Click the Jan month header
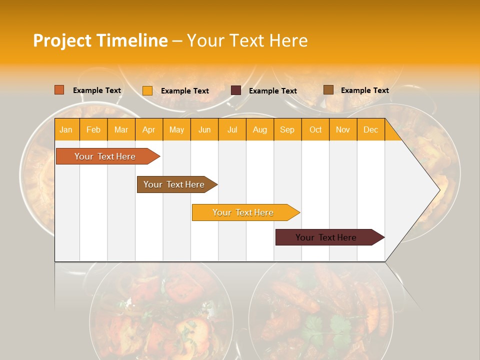point(66,129)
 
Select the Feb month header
point(93,129)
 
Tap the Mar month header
point(121,129)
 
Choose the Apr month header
point(148,129)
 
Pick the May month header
point(176,129)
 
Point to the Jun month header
point(204,129)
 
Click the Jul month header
point(232,129)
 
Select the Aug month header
point(260,129)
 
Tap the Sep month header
point(287,129)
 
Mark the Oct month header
point(315,129)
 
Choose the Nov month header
point(343,129)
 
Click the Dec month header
point(371,129)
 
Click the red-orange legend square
point(59,90)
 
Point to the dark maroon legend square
point(236,90)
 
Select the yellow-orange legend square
point(147,90)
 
